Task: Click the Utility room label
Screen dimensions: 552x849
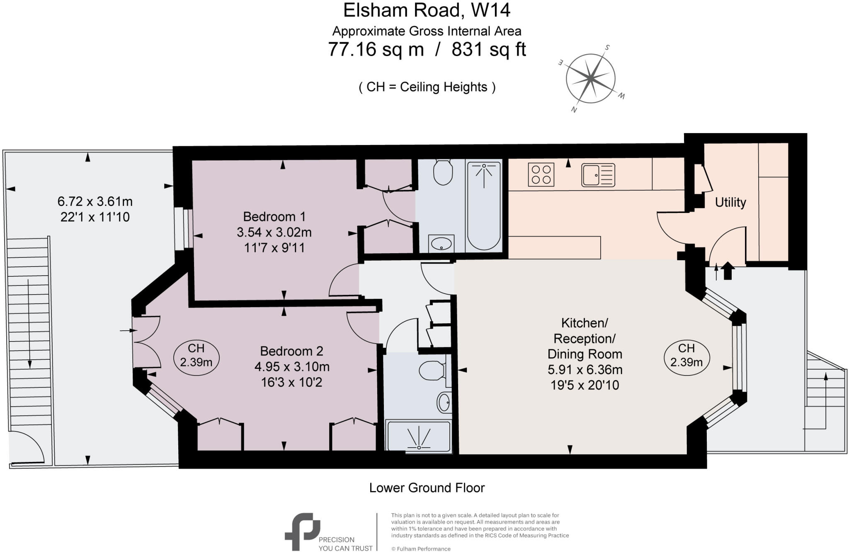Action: pyautogui.click(x=730, y=202)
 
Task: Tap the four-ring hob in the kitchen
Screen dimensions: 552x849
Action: pyautogui.click(x=541, y=174)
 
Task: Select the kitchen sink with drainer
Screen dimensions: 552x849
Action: pyautogui.click(x=598, y=175)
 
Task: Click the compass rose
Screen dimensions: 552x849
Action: pyautogui.click(x=590, y=78)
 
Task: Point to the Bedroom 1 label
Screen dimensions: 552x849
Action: pyautogui.click(x=274, y=216)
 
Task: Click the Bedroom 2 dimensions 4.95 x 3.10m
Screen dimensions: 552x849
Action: pyautogui.click(x=292, y=367)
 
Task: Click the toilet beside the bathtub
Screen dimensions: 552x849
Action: pyautogui.click(x=442, y=172)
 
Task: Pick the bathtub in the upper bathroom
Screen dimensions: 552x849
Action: pyautogui.click(x=484, y=205)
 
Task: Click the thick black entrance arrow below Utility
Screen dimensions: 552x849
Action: pyautogui.click(x=728, y=271)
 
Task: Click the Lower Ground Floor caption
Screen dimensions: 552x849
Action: pyautogui.click(x=427, y=488)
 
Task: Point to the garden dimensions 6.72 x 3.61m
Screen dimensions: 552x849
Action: pyautogui.click(x=95, y=201)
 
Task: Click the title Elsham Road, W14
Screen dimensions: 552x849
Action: pyautogui.click(x=427, y=10)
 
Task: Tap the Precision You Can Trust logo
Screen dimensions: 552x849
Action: pyautogui.click(x=327, y=532)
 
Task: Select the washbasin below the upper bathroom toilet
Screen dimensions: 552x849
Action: pyautogui.click(x=441, y=244)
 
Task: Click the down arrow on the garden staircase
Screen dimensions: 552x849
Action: pyautogui.click(x=29, y=323)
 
